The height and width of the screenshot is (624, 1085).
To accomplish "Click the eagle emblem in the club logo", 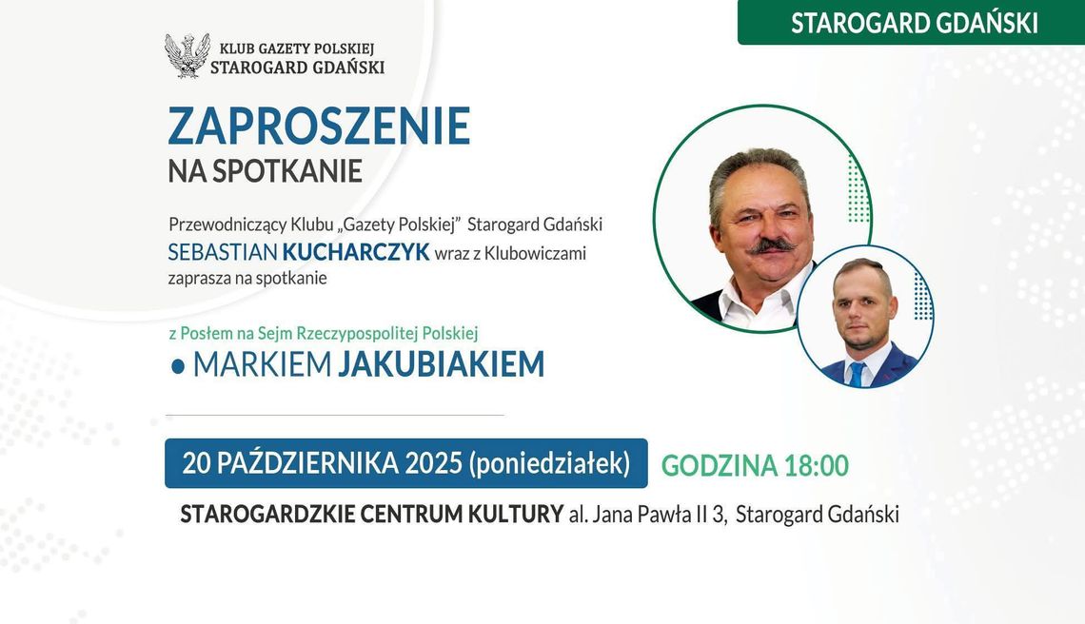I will tap(187, 55).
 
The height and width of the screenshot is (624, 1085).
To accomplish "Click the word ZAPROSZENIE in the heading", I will tap(319, 127).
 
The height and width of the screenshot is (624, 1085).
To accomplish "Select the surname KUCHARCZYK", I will tap(355, 253).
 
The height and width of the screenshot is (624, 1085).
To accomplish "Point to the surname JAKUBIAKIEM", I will tap(441, 364).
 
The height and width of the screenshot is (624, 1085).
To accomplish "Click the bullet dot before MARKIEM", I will tap(177, 366).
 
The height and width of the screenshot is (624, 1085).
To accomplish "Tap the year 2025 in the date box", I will tap(433, 463).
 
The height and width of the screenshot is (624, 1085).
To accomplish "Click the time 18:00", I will tap(817, 465).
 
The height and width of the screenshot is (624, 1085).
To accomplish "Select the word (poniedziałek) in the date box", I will tap(549, 463).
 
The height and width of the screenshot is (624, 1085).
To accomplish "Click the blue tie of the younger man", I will tap(858, 373).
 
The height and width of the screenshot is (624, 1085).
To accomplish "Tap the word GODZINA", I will tap(719, 465).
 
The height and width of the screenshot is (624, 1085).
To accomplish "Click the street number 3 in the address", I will tap(723, 515).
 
